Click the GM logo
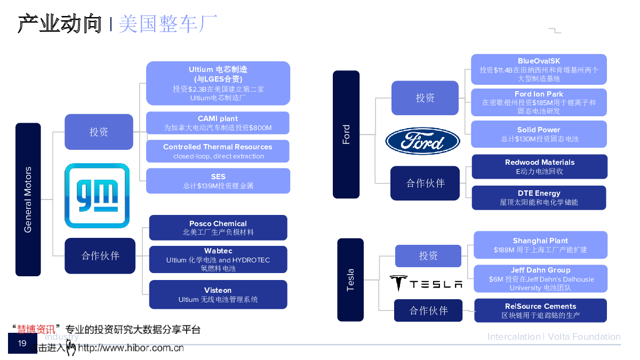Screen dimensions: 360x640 pyautogui.click(x=97, y=196)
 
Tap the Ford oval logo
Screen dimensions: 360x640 pyautogui.click(x=422, y=141)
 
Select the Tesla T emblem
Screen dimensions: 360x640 pyautogui.click(x=398, y=283)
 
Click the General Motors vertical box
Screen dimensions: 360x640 pyautogui.click(x=28, y=199)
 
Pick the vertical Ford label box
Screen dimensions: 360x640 pyautogui.click(x=346, y=135)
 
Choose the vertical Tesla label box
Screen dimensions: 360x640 pyautogui.click(x=350, y=279)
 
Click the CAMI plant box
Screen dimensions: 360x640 pyautogui.click(x=218, y=123)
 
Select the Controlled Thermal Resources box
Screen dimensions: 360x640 pyautogui.click(x=218, y=151)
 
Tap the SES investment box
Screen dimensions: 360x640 pyautogui.click(x=218, y=181)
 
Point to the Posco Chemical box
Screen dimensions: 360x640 pyautogui.click(x=218, y=228)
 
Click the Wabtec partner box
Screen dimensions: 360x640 pyautogui.click(x=218, y=259)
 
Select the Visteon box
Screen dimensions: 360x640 pyautogui.click(x=218, y=294)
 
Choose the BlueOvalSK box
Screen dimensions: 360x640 pyautogui.click(x=539, y=69)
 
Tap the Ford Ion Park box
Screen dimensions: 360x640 pyautogui.click(x=539, y=102)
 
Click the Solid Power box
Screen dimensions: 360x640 pyautogui.click(x=539, y=134)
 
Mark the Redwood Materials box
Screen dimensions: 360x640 pyautogui.click(x=539, y=166)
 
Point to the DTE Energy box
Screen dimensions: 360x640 pyautogui.click(x=539, y=197)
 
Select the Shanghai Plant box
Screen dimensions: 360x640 pyautogui.click(x=540, y=245)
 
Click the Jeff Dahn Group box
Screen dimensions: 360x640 pyautogui.click(x=540, y=278)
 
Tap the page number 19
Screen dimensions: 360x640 pyautogui.click(x=22, y=343)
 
